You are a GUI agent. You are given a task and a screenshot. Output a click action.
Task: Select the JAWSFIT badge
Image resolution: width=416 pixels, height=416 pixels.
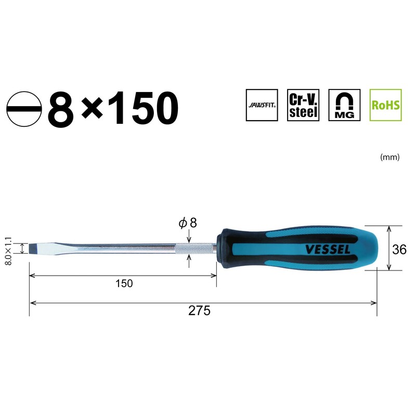click(x=262, y=105)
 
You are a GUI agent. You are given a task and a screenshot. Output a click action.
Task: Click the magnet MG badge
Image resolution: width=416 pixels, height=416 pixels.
click(x=344, y=105)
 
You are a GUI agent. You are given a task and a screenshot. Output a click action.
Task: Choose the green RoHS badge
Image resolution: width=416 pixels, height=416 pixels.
click(x=385, y=105)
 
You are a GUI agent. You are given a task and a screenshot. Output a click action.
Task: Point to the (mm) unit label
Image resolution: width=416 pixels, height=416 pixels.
click(x=390, y=157)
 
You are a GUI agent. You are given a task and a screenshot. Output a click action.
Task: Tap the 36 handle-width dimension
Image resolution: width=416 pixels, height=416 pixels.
click(x=399, y=249)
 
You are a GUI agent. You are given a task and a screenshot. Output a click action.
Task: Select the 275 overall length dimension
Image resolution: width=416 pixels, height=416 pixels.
click(x=199, y=311)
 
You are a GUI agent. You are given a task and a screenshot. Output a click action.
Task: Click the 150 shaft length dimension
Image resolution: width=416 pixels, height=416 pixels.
click(x=124, y=283)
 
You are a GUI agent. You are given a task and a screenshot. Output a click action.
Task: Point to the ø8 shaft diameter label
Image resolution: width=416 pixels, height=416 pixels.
click(x=187, y=223)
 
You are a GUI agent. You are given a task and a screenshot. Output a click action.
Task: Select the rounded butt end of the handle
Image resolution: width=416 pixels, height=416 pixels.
click(x=372, y=248)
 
